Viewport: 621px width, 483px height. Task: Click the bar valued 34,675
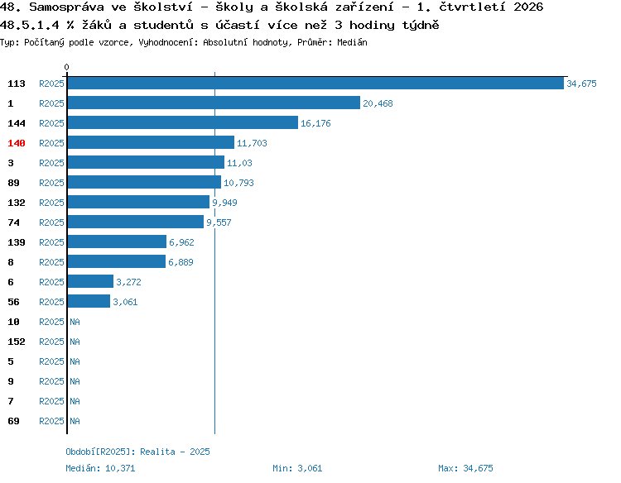[315, 83]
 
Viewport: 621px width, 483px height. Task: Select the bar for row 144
[183, 122]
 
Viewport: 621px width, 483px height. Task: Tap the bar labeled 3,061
[89, 301]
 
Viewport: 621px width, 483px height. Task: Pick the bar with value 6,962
[117, 241]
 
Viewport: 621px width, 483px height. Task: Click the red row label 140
[17, 143]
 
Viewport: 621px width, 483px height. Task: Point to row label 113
[17, 84]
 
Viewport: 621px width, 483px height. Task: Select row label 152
[17, 342]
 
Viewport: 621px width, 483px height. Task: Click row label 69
[13, 421]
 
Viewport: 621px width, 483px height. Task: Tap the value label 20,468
[378, 103]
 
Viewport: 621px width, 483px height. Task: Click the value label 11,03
[239, 163]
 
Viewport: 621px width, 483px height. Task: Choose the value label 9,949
[224, 203]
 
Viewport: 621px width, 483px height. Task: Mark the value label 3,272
[128, 282]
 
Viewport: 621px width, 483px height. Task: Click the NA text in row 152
[75, 342]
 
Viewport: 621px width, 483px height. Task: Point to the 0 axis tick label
[66, 67]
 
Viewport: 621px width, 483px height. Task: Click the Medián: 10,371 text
[100, 468]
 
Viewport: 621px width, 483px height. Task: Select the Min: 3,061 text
[297, 468]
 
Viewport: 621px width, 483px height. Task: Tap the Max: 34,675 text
[465, 468]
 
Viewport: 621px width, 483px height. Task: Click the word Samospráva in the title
[66, 7]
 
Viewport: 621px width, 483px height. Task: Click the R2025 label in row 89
[51, 183]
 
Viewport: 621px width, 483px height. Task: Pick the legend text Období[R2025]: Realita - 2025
[137, 452]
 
